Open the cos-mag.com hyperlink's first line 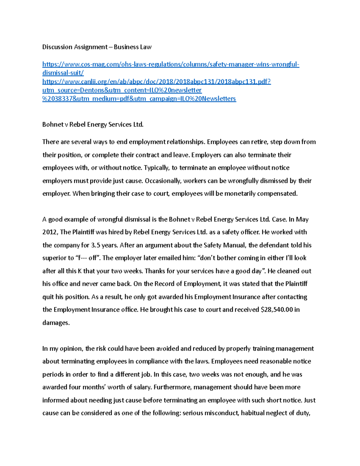click(171, 64)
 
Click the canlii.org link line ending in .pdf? click(157, 82)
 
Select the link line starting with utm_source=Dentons click(122, 90)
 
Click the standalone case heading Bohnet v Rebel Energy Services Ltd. click(93, 125)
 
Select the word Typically click(157, 168)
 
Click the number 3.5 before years click(95, 245)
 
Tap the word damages click(55, 323)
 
